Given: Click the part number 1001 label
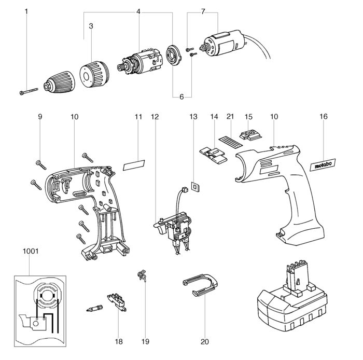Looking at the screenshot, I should [x=31, y=250].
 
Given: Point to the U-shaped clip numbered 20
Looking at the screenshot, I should [x=202, y=286].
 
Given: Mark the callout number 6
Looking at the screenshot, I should [x=182, y=97].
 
